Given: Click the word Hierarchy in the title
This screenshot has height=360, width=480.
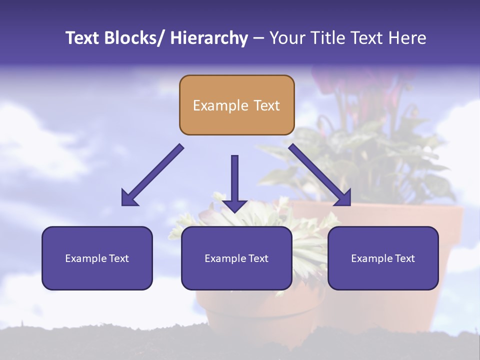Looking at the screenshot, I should tap(209, 38).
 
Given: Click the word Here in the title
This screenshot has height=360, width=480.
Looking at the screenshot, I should tap(407, 38).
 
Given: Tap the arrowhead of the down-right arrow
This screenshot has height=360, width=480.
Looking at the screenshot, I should tap(343, 198).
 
